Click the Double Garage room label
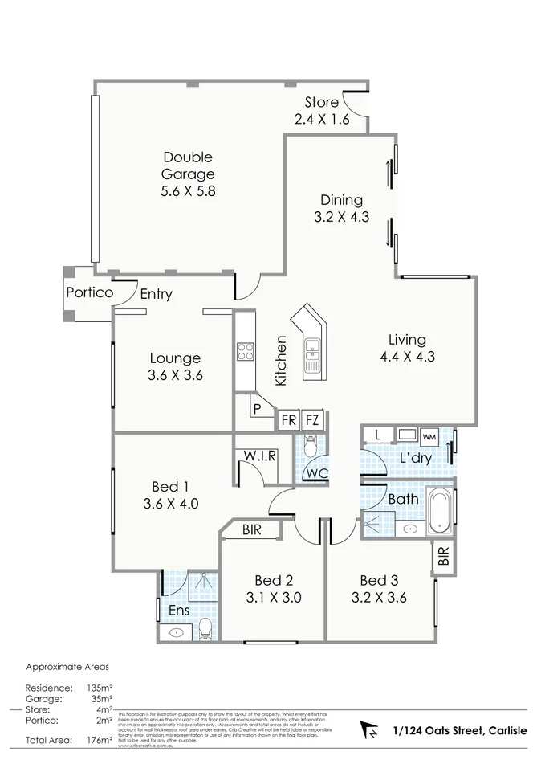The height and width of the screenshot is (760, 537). (x=188, y=165)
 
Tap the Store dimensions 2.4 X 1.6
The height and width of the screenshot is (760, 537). (x=321, y=120)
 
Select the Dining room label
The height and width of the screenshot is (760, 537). (x=341, y=200)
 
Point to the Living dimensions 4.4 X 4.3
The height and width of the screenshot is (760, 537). (x=407, y=357)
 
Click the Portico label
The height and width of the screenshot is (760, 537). (x=89, y=292)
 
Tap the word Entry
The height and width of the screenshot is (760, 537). (x=156, y=295)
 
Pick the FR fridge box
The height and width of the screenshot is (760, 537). (x=287, y=420)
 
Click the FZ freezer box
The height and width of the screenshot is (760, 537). (x=312, y=420)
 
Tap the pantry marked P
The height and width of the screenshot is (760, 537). (x=257, y=409)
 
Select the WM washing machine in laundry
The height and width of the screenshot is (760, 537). (x=429, y=436)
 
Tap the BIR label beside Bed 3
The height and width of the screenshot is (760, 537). (x=443, y=554)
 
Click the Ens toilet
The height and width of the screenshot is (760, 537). (x=205, y=628)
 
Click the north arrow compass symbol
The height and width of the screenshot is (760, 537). (x=371, y=730)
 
